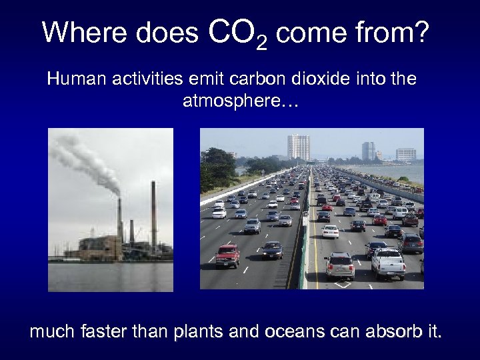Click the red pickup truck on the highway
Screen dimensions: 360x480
pyautogui.click(x=227, y=255)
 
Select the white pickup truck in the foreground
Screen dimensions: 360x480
pyautogui.click(x=388, y=263)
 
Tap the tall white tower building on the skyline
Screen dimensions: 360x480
pyautogui.click(x=298, y=147)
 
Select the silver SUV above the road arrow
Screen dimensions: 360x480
pyautogui.click(x=340, y=265)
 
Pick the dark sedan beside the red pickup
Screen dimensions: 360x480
pyautogui.click(x=272, y=250)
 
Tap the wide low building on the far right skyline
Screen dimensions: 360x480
pyautogui.click(x=406, y=154)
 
